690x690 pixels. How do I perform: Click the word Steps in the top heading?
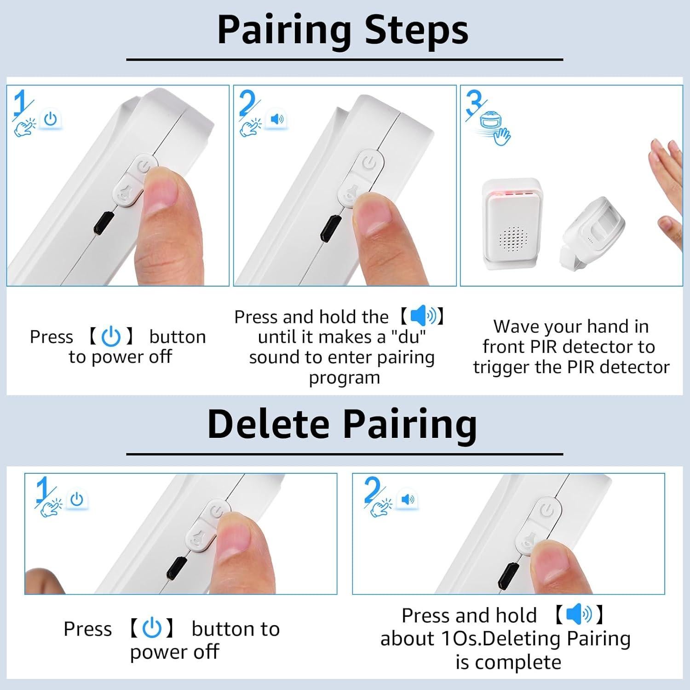(x=416, y=30)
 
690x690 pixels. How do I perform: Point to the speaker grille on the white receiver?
(x=512, y=240)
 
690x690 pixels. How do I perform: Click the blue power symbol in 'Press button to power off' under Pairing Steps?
(x=111, y=337)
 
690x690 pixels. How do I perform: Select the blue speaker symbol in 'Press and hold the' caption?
(x=423, y=316)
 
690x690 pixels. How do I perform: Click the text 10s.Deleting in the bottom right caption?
(x=501, y=638)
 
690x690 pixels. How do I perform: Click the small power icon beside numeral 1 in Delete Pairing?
(x=77, y=500)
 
